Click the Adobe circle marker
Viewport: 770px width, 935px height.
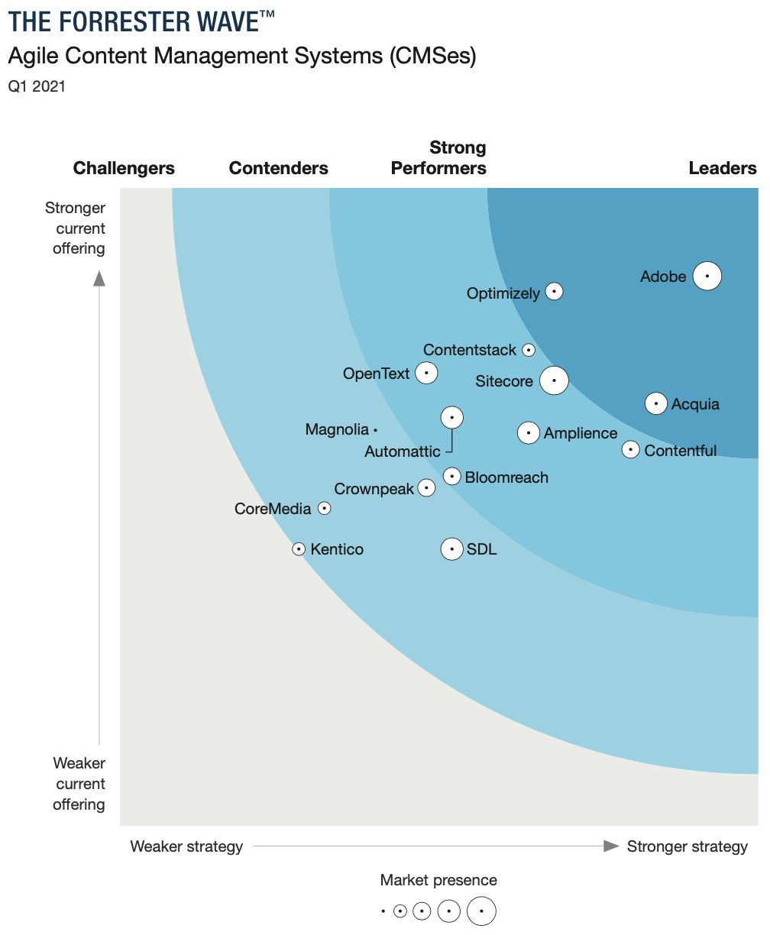(707, 276)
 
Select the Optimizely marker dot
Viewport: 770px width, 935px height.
(554, 291)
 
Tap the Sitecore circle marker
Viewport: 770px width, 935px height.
(554, 380)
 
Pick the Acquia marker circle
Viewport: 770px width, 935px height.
(655, 403)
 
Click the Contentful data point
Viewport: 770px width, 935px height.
(630, 449)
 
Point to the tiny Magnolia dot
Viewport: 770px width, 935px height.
(375, 431)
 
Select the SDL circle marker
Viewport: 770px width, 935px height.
(452, 548)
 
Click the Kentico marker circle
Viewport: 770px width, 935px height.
(299, 549)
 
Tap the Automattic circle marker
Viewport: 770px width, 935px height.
(452, 417)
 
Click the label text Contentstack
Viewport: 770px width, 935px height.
(470, 350)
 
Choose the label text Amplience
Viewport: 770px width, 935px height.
(581, 433)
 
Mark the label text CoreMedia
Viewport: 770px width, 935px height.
(273, 509)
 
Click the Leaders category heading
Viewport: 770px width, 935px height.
(722, 168)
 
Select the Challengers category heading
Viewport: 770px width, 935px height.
(124, 168)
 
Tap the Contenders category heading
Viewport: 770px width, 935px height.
(278, 168)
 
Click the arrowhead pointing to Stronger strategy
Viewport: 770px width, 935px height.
(610, 846)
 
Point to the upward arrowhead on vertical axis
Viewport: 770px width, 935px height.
(99, 278)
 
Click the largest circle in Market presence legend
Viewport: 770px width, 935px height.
(481, 911)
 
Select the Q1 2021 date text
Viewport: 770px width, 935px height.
(37, 86)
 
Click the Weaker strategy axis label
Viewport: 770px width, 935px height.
(186, 846)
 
